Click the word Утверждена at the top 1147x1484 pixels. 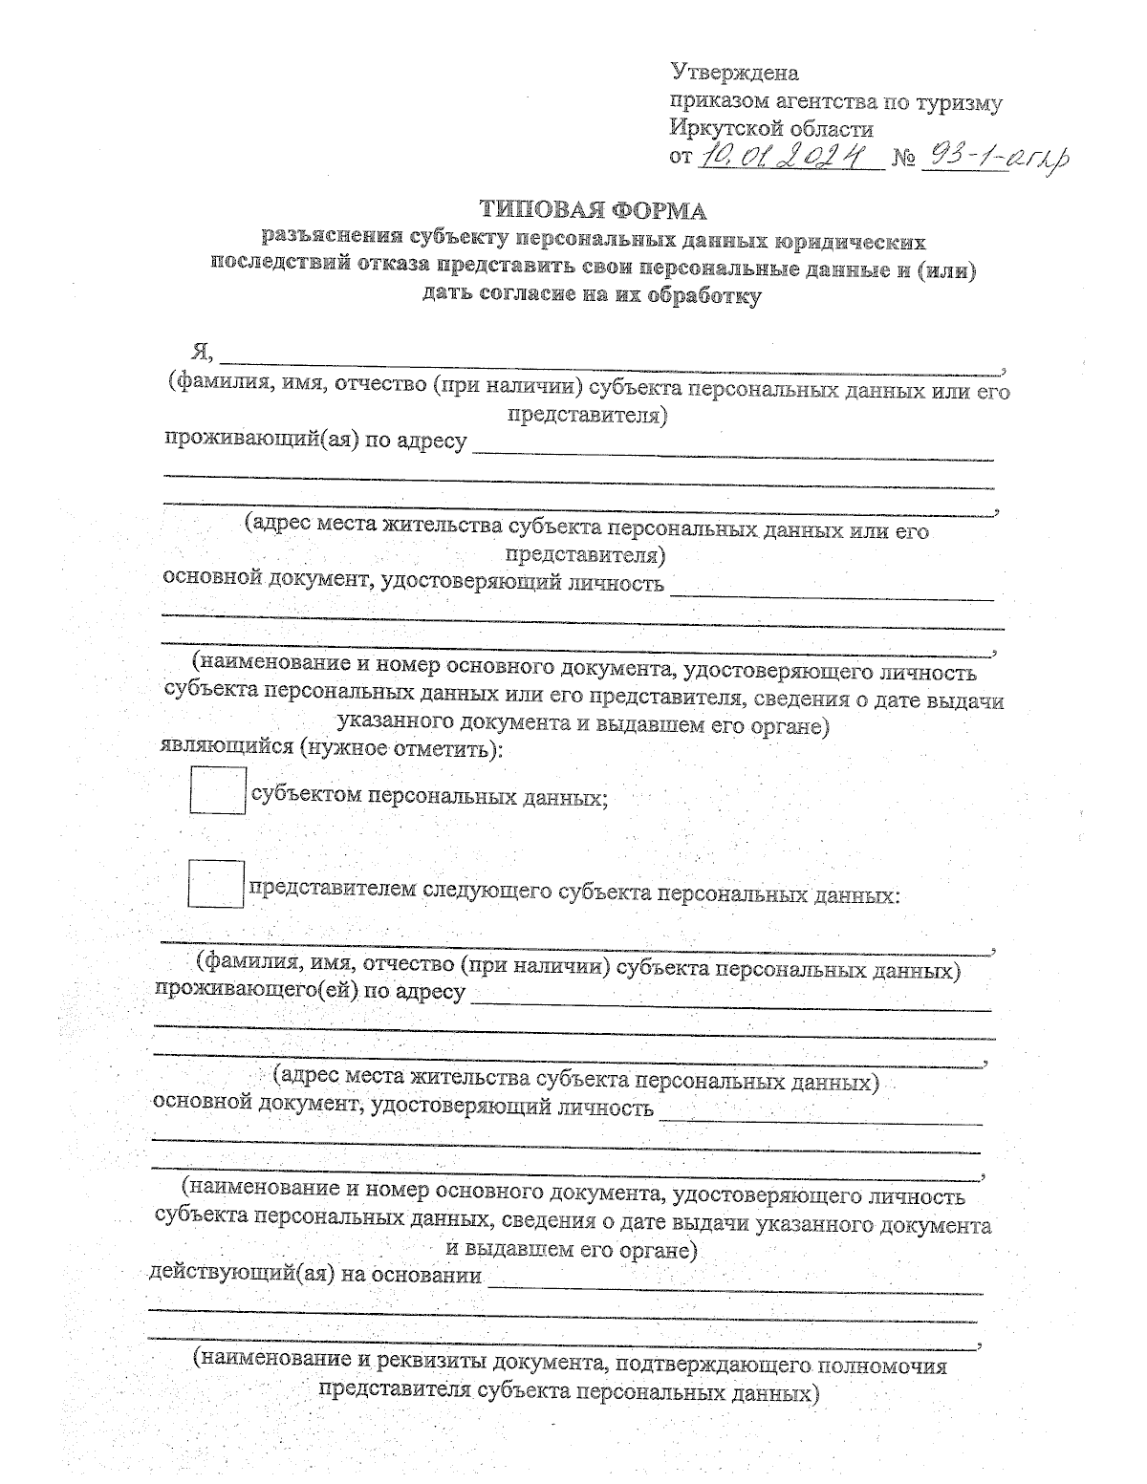click(x=734, y=73)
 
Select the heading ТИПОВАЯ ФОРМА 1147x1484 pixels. click(x=593, y=210)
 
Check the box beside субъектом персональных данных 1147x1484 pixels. click(x=218, y=790)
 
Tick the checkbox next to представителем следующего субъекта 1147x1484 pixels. click(x=216, y=884)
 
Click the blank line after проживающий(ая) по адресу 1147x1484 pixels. click(x=733, y=455)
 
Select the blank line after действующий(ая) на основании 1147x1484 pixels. click(x=734, y=1286)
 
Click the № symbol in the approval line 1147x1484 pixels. click(x=904, y=157)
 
